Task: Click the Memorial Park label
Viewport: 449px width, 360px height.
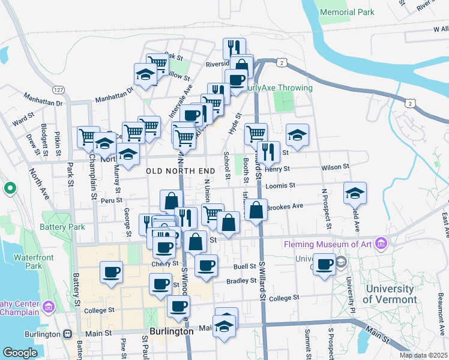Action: tap(347, 12)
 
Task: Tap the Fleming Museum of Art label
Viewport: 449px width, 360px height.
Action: tap(328, 244)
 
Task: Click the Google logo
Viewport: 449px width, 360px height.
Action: tap(20, 353)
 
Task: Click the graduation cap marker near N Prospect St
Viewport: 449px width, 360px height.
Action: tap(355, 193)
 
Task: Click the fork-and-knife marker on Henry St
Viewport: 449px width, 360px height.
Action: tap(268, 152)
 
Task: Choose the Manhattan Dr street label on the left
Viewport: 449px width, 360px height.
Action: tap(43, 99)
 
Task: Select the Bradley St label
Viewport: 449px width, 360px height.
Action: tap(237, 281)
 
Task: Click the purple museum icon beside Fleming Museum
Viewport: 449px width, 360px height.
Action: tap(380, 244)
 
